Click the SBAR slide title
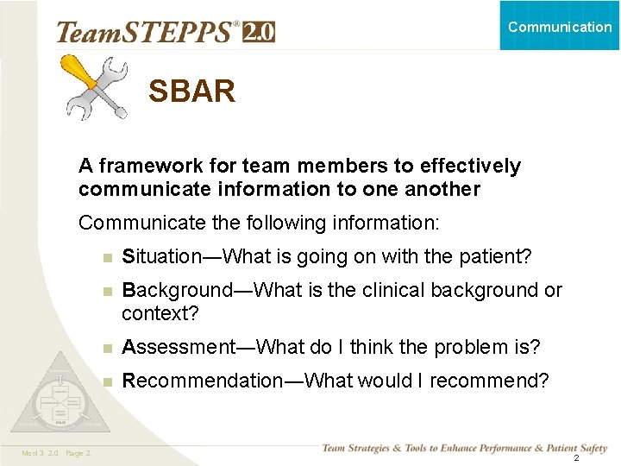tap(191, 91)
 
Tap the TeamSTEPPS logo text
tap(147, 32)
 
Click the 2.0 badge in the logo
tap(259, 32)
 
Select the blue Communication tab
tap(560, 26)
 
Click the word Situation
tap(157, 257)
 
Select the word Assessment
tap(177, 347)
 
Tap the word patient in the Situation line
tap(496, 257)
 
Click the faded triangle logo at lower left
tap(60, 399)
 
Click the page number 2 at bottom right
tap(575, 457)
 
